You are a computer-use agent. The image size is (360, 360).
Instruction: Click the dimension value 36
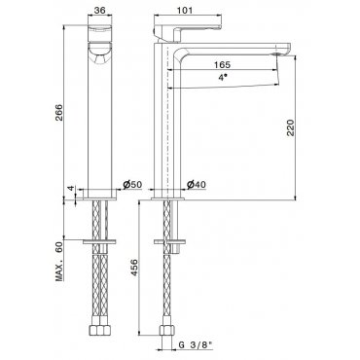(99, 10)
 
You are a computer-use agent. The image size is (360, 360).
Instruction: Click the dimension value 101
(186, 10)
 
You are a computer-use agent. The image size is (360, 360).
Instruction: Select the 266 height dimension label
(59, 112)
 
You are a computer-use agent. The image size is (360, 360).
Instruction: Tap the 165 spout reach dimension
(222, 64)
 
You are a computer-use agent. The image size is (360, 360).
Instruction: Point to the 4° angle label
(222, 78)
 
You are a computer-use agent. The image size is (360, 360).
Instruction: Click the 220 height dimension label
(290, 127)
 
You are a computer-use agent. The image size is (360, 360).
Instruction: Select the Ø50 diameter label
(132, 185)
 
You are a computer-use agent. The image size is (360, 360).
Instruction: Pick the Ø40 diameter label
(196, 185)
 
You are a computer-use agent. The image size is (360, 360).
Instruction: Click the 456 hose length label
(134, 268)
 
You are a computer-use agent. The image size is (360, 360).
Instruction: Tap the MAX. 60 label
(59, 262)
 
